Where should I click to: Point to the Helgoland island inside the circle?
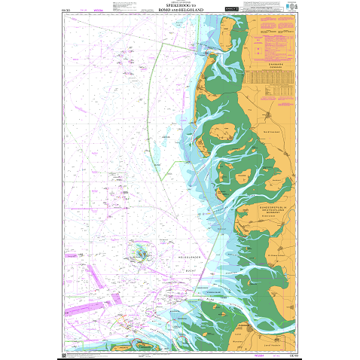tap(141, 252)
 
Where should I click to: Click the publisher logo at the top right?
tap(291, 8)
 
